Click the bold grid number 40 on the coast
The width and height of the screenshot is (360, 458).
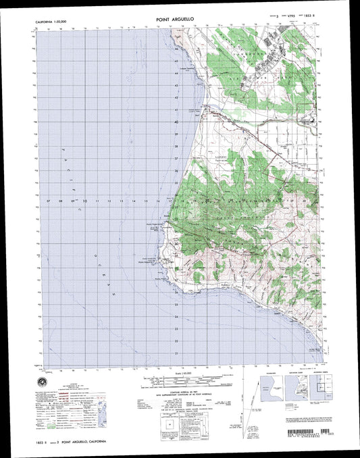point(177,122)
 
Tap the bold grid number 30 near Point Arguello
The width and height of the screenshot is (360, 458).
point(177,245)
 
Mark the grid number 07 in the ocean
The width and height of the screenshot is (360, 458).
point(49,201)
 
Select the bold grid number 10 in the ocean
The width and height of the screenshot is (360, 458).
point(84,201)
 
